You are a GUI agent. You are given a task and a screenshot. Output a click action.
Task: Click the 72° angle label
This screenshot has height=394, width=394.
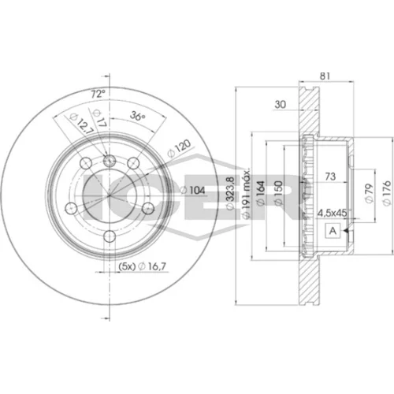[x=98, y=94]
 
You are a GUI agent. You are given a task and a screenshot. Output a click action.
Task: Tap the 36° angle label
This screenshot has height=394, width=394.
[x=138, y=115]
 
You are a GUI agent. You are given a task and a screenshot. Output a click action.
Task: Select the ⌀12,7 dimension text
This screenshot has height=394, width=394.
[x=81, y=124]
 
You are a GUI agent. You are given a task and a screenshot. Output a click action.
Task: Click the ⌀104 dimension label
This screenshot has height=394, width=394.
[x=192, y=190]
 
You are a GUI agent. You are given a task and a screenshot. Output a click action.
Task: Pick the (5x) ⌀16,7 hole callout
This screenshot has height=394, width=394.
[x=143, y=266]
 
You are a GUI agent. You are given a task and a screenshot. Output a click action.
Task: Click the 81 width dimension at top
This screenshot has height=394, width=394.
[x=325, y=76]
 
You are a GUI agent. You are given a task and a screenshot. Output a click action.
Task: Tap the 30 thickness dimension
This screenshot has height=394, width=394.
[x=280, y=104]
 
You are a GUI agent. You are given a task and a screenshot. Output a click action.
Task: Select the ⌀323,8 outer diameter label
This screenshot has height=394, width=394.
[x=230, y=193]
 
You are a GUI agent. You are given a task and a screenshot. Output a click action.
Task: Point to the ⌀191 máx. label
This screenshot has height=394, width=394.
[x=246, y=194]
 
